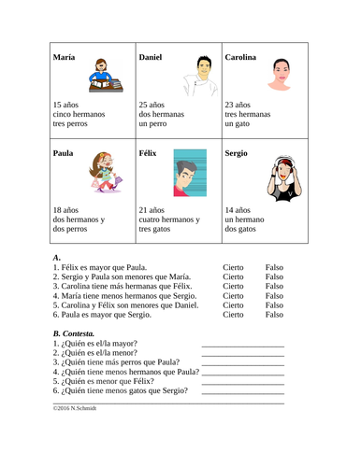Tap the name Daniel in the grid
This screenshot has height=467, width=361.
tap(150, 58)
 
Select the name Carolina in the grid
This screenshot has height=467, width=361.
tap(241, 58)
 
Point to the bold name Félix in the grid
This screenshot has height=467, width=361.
tap(149, 152)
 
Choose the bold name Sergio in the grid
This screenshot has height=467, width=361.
tap(237, 152)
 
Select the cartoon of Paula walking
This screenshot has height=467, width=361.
tap(100, 176)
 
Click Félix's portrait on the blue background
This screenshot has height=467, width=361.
tap(190, 172)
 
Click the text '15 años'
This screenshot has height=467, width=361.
tap(67, 106)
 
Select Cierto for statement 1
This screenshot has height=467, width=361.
tap(233, 266)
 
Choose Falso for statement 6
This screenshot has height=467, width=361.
tap(274, 315)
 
